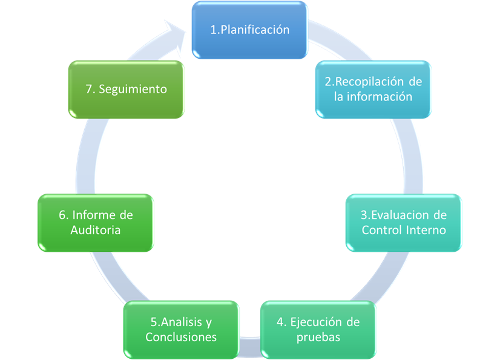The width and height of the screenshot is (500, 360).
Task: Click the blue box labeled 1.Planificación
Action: [x=249, y=30]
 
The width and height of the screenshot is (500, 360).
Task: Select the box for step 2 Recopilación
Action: [x=373, y=90]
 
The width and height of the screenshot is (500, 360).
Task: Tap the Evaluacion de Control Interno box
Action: [x=404, y=223]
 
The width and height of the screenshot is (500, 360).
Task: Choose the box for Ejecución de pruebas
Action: [x=318, y=330]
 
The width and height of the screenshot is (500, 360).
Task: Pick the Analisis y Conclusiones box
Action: [x=181, y=330]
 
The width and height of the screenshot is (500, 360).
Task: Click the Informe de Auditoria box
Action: [x=96, y=223]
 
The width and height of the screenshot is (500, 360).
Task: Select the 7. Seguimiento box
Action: [x=127, y=90]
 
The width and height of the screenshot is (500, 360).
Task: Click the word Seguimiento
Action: [x=133, y=90]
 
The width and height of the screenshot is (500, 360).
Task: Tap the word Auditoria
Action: [x=96, y=230]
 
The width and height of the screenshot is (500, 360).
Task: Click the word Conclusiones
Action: [x=181, y=337]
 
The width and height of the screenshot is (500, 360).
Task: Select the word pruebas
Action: [x=318, y=338]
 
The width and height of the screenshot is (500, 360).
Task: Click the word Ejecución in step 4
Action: [x=312, y=322]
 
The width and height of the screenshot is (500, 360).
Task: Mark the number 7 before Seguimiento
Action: [x=88, y=90]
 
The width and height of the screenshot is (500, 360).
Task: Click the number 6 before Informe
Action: [x=62, y=215]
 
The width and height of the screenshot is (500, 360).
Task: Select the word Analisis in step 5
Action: [x=181, y=322]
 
